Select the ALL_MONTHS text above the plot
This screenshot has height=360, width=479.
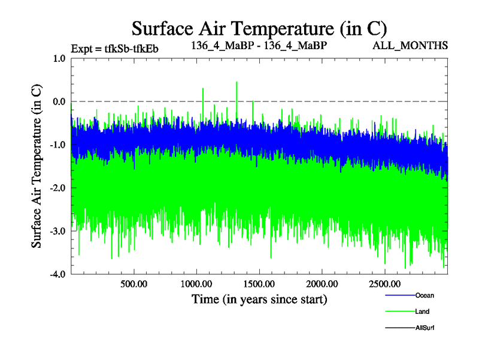[410, 45]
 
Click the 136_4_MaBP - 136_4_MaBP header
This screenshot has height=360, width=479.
[259, 45]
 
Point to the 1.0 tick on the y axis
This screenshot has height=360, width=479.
[59, 59]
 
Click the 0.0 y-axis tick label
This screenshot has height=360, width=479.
[59, 101]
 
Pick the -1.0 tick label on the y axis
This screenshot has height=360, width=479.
[57, 145]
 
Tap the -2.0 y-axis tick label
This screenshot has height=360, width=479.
[57, 188]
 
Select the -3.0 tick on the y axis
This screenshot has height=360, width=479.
[57, 231]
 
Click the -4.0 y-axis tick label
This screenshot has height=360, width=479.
[57, 274]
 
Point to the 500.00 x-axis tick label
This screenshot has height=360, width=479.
[134, 284]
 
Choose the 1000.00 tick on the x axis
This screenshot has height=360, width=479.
[196, 284]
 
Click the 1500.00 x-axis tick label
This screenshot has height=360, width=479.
[259, 284]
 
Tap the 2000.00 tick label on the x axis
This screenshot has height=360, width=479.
[322, 284]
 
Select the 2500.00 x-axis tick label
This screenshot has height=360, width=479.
[385, 284]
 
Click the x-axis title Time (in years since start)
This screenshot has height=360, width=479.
[259, 299]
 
